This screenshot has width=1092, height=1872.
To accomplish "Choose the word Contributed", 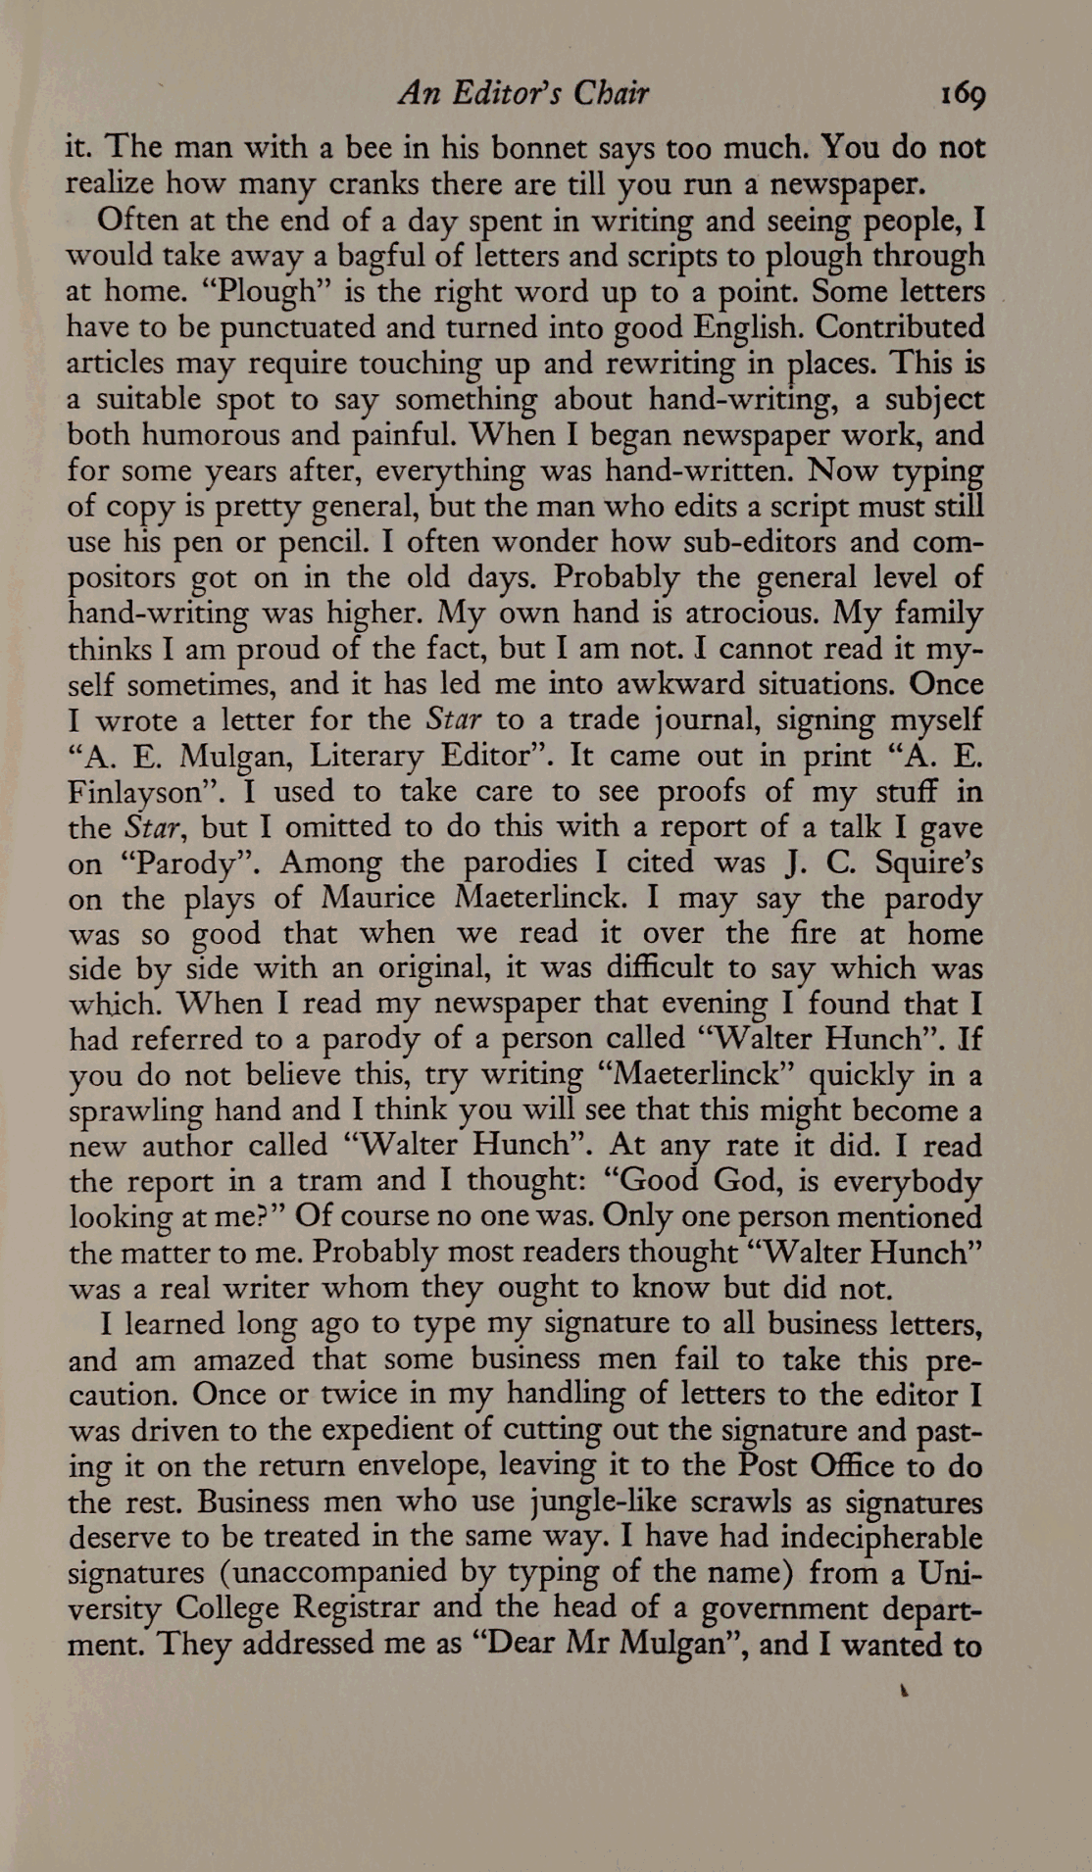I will tap(900, 326).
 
